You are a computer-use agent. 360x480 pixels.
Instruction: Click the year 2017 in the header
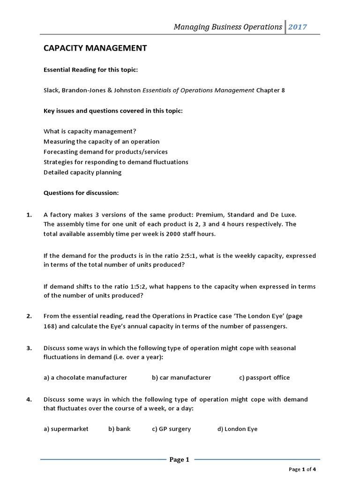click(298, 27)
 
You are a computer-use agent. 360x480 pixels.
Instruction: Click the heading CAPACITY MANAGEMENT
click(95, 48)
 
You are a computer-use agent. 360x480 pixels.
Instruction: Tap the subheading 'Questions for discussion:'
click(81, 193)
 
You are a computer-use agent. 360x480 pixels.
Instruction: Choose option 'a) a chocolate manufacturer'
click(85, 377)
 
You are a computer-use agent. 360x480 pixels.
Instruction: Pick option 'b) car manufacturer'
click(181, 377)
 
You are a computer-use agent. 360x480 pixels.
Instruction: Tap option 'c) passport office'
click(264, 377)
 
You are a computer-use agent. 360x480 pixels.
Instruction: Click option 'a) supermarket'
click(66, 429)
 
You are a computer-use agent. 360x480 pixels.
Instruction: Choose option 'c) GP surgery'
click(172, 429)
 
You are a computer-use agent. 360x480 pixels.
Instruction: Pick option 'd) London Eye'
click(237, 429)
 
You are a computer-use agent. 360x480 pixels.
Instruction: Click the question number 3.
click(29, 348)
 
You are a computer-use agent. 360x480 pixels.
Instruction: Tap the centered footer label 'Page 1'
click(179, 460)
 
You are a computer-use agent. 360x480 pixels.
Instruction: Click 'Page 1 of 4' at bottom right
click(302, 469)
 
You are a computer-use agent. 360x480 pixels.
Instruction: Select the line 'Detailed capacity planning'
click(82, 172)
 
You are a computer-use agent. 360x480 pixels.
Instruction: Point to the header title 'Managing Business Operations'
click(228, 27)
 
